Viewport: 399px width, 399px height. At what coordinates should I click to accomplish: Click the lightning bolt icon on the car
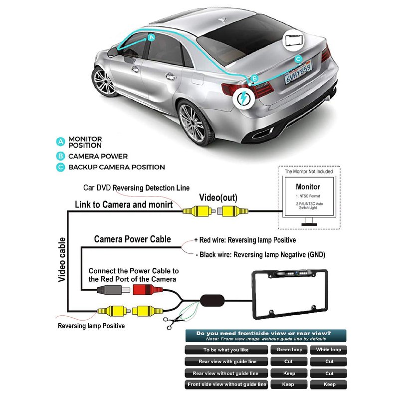coord(243,98)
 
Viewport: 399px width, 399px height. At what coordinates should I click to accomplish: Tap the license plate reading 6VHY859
coord(298,72)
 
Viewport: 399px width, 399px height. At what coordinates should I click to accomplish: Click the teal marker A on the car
coord(152,38)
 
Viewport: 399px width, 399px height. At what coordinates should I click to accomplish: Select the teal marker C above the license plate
coord(298,59)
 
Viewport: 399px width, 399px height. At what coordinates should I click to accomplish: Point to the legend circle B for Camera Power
coord(60,156)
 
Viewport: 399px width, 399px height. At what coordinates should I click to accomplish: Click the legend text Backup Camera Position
coord(117,167)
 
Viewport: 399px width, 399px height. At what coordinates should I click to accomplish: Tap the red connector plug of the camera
coord(148,290)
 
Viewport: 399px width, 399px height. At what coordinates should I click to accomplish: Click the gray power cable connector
coord(113,290)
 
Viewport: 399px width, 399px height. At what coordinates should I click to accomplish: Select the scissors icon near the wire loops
coord(174,322)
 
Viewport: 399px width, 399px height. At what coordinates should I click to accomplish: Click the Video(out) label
coord(218,198)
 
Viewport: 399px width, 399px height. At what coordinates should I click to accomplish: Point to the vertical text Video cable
coord(62,259)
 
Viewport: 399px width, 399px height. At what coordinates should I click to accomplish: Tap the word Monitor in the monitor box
coord(308,187)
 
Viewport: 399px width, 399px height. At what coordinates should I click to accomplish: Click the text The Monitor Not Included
coord(309,172)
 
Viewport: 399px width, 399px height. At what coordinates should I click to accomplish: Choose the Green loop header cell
coord(289,350)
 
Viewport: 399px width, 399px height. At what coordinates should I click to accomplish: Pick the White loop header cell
coord(329,350)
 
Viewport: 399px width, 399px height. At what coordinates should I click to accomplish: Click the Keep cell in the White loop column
coord(329,385)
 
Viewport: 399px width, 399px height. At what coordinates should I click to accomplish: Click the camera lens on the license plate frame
coord(296,273)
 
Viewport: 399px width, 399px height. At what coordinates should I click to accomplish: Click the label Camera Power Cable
coord(132,239)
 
